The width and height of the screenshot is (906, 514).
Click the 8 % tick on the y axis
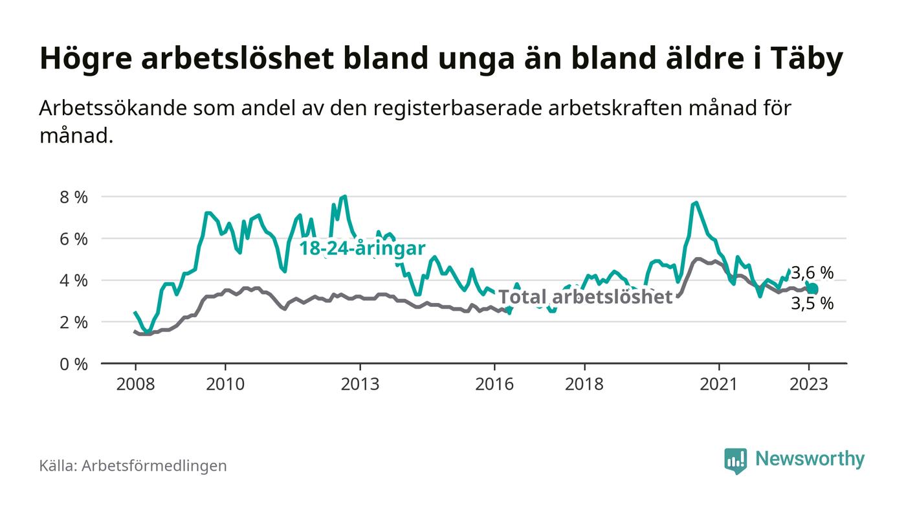click(x=73, y=197)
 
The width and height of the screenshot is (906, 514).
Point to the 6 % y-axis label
click(x=73, y=239)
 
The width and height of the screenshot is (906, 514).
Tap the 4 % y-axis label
click(x=73, y=281)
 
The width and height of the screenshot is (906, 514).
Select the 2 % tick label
click(x=73, y=322)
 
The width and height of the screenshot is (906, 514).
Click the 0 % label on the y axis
click(x=73, y=364)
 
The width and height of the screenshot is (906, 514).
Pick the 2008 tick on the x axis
click(x=135, y=384)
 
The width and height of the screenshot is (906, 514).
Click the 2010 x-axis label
click(x=225, y=384)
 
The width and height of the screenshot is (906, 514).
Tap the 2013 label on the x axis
click(x=360, y=384)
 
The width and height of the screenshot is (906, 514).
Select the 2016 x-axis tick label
click(x=494, y=384)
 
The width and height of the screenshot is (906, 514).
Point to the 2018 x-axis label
click(x=584, y=384)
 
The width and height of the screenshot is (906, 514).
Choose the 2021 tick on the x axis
click(x=719, y=384)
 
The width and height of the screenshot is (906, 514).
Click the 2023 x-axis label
click(x=809, y=384)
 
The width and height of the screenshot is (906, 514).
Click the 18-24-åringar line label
click(x=362, y=249)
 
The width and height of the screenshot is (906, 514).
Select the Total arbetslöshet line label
click(x=586, y=296)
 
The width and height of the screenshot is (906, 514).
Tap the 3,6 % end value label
click(x=812, y=273)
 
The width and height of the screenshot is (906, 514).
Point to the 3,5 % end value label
click(x=812, y=303)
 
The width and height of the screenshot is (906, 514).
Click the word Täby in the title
click(x=808, y=60)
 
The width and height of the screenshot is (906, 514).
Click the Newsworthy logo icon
click(x=735, y=460)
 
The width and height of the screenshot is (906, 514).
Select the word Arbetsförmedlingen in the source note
click(x=154, y=465)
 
